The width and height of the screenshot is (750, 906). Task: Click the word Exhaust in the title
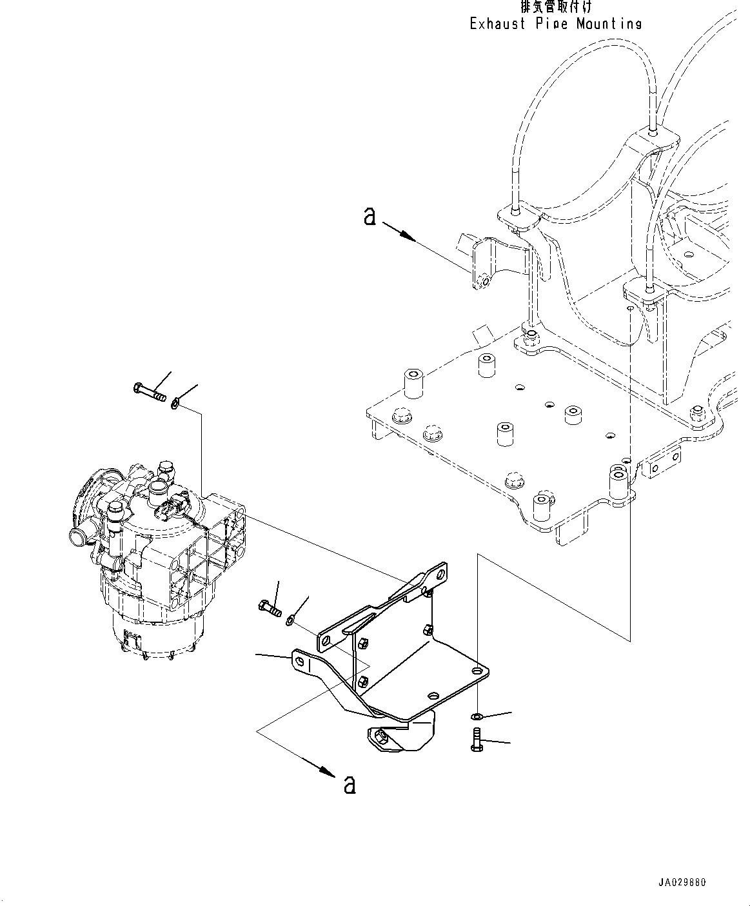[498, 24]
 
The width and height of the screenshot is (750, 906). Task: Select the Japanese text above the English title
[555, 7]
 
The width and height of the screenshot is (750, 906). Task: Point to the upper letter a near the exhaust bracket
[370, 217]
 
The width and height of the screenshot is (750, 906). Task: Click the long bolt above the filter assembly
[150, 390]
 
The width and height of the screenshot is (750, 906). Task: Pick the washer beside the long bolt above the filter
[175, 403]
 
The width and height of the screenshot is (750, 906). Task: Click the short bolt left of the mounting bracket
[270, 607]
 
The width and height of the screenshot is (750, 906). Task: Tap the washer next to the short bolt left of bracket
[290, 620]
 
